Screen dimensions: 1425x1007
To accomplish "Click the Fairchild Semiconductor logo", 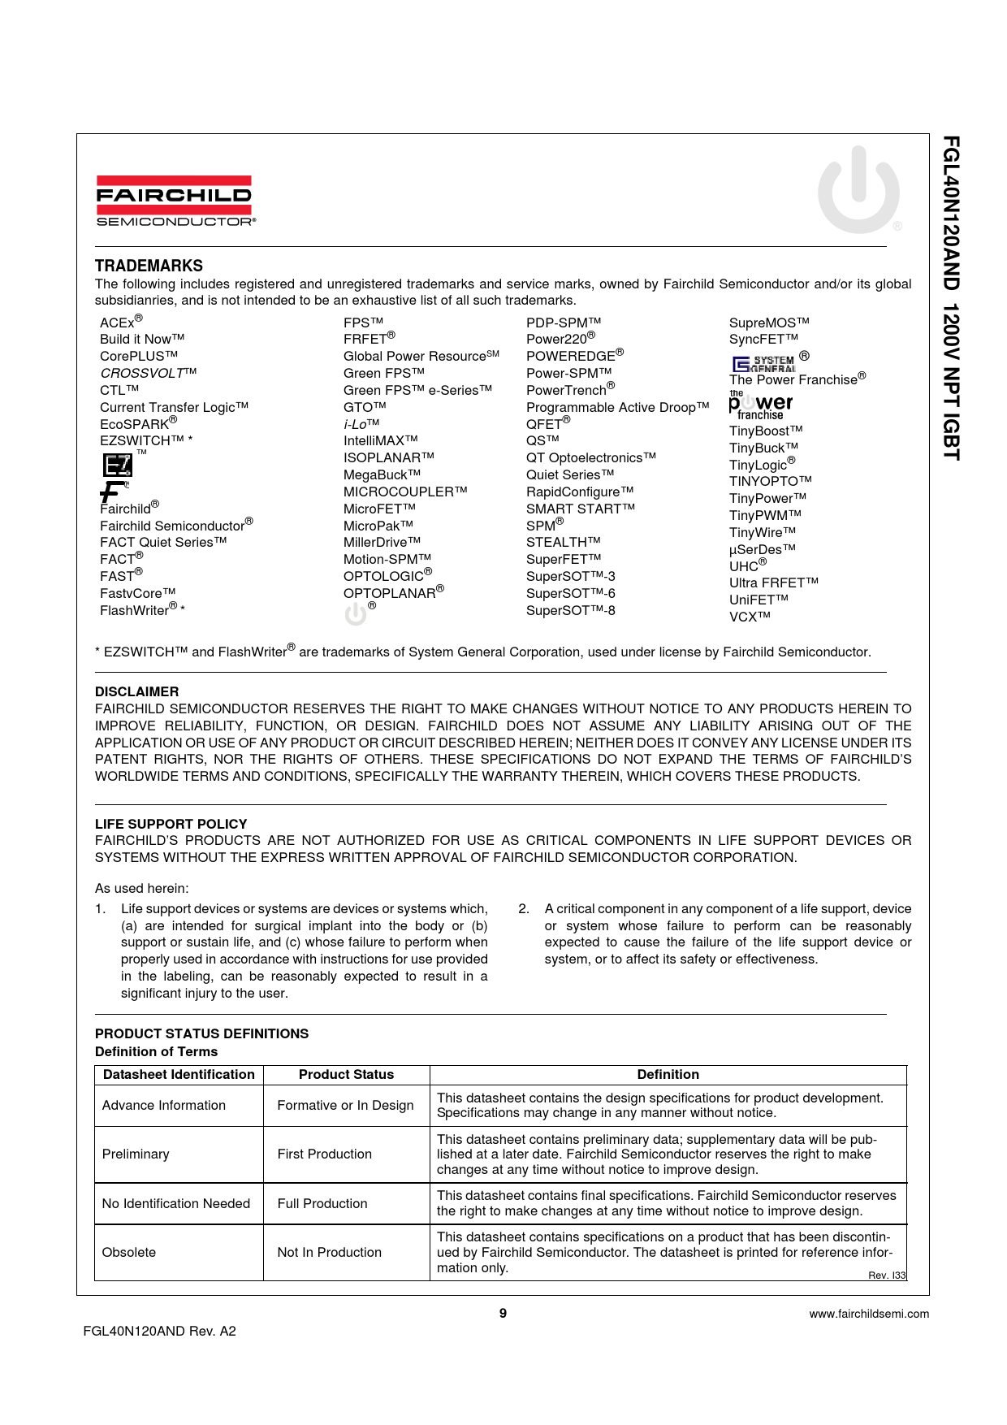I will coord(175,201).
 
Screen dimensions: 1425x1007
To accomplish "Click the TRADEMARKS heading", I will coord(149,266).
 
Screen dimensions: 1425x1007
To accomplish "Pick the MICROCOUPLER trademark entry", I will coord(404,492).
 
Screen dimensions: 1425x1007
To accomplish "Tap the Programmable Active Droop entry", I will coord(617,407).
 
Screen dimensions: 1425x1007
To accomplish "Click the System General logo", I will coord(763,362).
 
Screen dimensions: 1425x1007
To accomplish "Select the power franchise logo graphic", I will coord(760,405).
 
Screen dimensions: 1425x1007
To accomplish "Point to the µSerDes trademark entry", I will coord(762,549).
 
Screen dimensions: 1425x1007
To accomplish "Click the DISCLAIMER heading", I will coord(136,691).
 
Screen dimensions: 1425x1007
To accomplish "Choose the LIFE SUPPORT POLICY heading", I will coord(171,823).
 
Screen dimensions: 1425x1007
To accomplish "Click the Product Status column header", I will coord(346,1074).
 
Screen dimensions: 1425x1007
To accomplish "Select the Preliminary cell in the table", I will coord(136,1154).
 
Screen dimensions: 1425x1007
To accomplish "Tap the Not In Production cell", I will coord(329,1252).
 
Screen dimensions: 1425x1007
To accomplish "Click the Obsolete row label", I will coord(128,1252).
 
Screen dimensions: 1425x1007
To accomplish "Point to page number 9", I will coord(503,1313).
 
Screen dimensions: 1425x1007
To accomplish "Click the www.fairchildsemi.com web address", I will coord(869,1314).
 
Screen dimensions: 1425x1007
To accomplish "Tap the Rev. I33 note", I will coord(886,1276).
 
